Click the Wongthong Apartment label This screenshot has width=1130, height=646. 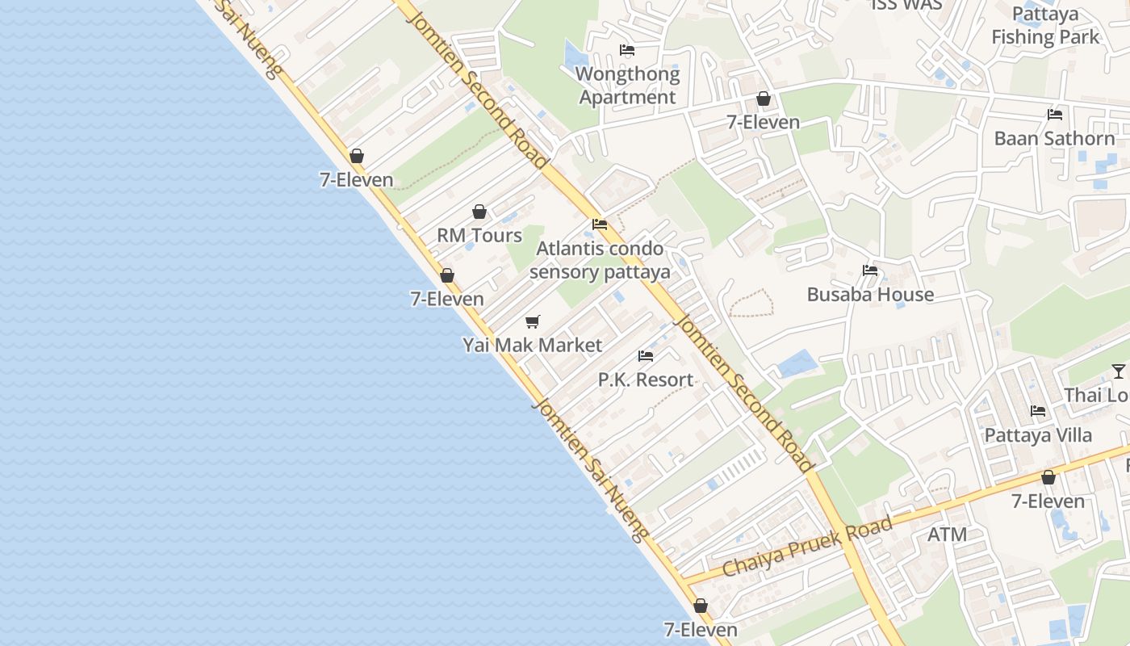click(627, 86)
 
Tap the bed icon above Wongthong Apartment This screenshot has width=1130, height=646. click(627, 50)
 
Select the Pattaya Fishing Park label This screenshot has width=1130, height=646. click(1045, 26)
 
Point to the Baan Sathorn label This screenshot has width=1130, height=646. click(1054, 138)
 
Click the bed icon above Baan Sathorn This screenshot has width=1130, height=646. click(1054, 114)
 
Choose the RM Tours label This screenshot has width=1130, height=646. click(479, 235)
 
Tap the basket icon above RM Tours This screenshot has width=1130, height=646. click(479, 212)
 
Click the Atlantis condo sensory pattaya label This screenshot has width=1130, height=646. click(600, 260)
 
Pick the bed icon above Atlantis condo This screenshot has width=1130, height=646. click(600, 224)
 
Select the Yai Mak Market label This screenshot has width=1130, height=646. click(532, 345)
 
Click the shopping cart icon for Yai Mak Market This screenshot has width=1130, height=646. click(532, 321)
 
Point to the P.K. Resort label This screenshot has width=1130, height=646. click(645, 380)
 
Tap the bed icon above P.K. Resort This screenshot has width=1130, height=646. click(645, 355)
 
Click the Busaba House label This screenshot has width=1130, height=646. click(870, 295)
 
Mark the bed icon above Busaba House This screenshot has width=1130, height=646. click(870, 271)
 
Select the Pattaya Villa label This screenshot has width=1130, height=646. click(1038, 435)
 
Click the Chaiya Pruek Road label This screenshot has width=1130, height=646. click(807, 547)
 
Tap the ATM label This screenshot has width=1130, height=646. click(947, 535)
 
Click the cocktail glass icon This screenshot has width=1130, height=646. click(1118, 371)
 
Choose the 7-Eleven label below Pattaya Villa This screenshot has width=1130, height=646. click(1048, 501)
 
